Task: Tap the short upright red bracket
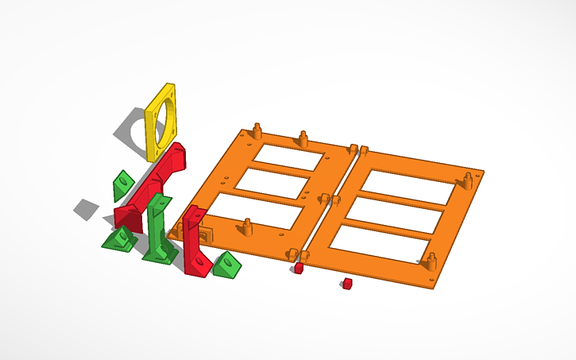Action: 193,242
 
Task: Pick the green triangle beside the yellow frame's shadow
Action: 122,184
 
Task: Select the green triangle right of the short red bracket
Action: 227,265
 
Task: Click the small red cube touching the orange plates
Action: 299,269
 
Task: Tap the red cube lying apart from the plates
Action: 347,284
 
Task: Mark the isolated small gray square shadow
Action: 87,209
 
